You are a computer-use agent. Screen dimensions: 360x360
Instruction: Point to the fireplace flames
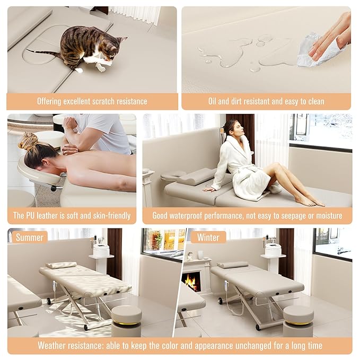point(192,282)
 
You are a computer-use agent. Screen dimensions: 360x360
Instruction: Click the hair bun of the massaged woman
point(28,142)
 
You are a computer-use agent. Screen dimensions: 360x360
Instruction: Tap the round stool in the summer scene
point(126,318)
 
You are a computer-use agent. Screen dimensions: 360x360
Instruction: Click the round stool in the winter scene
point(298,318)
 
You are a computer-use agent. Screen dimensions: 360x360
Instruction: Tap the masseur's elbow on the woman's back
point(69,150)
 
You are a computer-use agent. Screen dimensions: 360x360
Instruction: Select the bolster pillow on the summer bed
point(60,265)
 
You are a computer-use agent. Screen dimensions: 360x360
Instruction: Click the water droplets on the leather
point(239,53)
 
